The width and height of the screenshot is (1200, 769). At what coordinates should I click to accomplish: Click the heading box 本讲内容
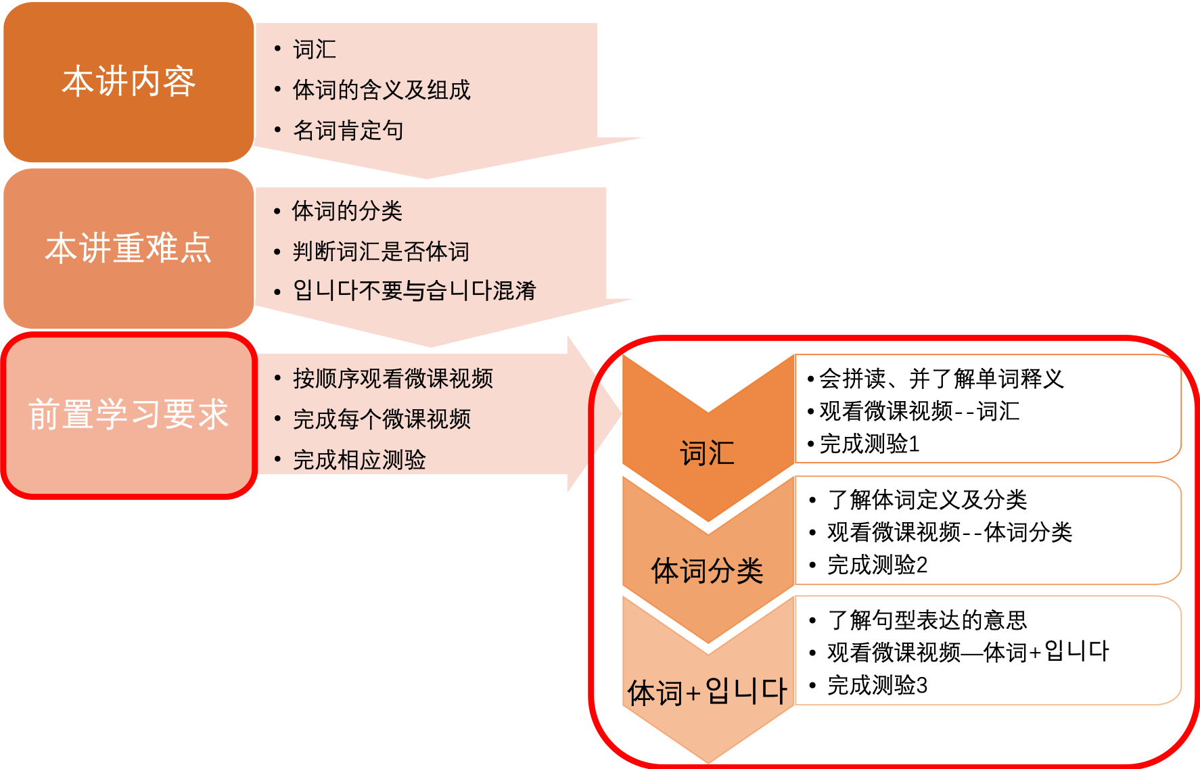(129, 82)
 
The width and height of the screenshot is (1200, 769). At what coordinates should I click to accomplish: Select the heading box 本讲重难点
(129, 248)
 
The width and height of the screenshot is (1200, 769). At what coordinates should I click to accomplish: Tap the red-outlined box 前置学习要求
(129, 415)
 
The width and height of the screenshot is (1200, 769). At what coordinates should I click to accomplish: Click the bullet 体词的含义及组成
(381, 90)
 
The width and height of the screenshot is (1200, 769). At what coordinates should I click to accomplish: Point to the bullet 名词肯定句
(348, 131)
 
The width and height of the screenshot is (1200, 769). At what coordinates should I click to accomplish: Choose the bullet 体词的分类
(347, 211)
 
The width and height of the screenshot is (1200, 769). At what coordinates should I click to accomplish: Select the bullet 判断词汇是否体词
(381, 252)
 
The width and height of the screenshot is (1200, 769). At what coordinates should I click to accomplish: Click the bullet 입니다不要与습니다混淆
(414, 291)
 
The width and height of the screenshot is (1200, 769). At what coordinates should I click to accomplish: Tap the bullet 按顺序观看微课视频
(392, 379)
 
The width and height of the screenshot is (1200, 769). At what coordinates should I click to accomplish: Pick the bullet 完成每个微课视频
(382, 419)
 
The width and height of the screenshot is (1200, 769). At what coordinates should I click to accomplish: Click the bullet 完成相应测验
(359, 460)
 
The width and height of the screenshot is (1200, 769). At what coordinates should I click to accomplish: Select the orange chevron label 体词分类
(707, 571)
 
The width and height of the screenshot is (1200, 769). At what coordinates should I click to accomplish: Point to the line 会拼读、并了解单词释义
(941, 379)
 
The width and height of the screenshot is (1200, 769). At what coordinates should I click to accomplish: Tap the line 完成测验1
(869, 444)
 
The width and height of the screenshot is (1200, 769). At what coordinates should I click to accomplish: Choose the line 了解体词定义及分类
(927, 500)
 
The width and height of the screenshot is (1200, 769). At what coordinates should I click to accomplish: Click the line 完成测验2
(877, 565)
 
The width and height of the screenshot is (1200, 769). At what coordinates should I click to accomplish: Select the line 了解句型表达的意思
(927, 620)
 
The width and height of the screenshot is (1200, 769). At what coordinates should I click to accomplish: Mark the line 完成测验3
(877, 685)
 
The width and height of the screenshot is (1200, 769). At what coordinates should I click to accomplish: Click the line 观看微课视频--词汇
(919, 411)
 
